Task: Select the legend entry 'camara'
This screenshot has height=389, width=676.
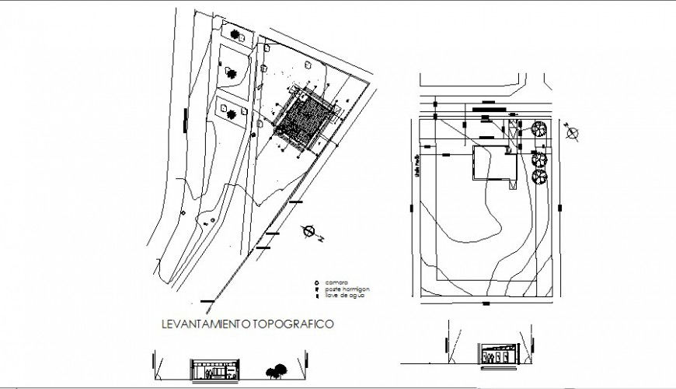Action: [336, 282]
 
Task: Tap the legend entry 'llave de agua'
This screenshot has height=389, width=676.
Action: [342, 296]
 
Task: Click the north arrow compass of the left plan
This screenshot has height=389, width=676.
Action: [309, 230]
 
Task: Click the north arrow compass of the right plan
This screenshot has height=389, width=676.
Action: [573, 134]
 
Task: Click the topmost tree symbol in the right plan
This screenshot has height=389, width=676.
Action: [537, 130]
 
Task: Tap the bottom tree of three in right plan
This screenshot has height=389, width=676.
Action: [538, 174]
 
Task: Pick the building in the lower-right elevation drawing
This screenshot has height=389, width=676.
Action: [494, 354]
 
